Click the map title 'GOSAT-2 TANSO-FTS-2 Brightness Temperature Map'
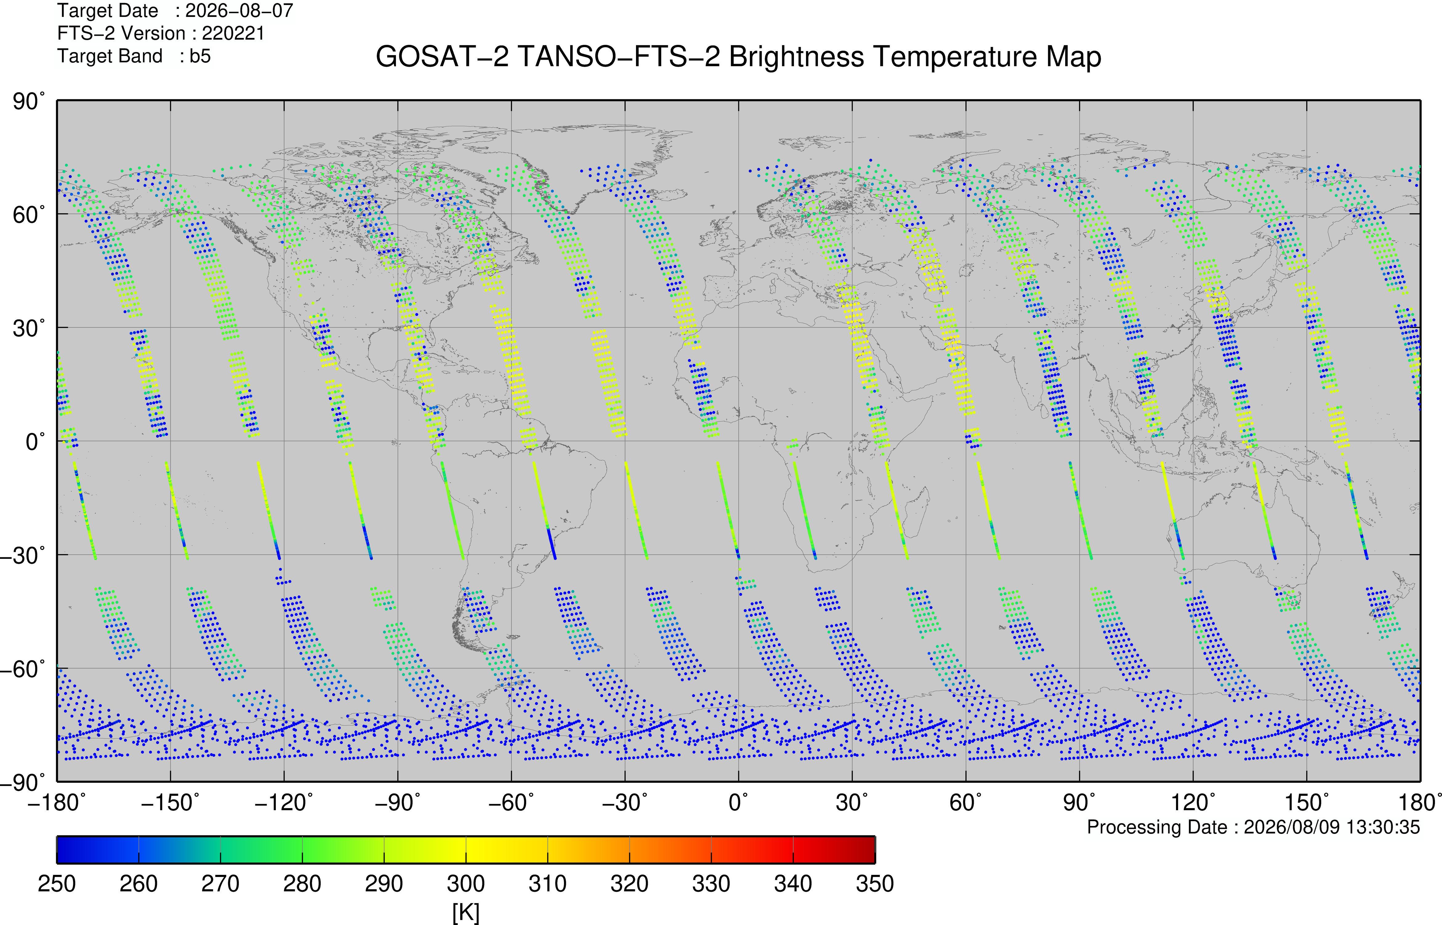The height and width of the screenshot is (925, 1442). coord(739,57)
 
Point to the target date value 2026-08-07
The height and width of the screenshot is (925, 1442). coord(239,11)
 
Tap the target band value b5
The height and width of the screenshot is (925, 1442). coord(200,56)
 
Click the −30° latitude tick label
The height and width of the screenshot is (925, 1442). coord(22,555)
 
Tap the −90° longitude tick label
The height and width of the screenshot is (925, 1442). coord(398,803)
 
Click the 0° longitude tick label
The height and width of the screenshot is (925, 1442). coord(739,803)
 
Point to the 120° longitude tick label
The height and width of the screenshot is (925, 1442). coord(1193,803)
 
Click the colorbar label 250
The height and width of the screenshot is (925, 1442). coord(57,883)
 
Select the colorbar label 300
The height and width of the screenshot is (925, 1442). coord(466,883)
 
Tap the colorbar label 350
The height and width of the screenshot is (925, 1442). coord(875,883)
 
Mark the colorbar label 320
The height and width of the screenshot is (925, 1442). coord(630,883)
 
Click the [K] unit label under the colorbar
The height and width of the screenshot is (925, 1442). coord(466,913)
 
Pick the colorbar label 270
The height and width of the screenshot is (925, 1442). coord(220,883)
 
